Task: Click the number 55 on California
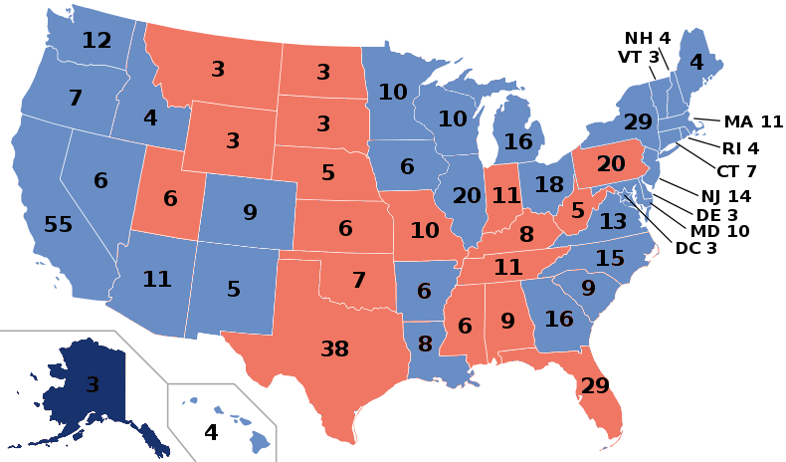[58, 225]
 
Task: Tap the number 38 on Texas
[334, 347]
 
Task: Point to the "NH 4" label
[648, 38]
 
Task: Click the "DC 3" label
[695, 248]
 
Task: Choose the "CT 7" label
[737, 171]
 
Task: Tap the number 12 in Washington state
[97, 41]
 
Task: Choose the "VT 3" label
[638, 57]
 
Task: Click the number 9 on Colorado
[250, 212]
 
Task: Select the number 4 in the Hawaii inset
[211, 433]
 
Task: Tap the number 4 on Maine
[696, 63]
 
